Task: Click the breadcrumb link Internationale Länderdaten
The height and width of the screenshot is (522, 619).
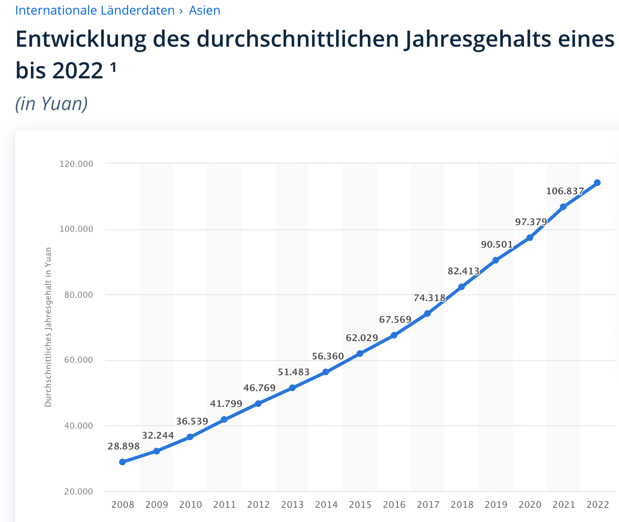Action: click(x=95, y=10)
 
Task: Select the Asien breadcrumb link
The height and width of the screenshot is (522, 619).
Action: click(x=205, y=10)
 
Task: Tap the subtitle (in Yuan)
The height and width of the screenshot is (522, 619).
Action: click(x=51, y=103)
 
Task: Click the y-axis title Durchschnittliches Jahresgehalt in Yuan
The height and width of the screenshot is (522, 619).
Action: click(x=48, y=327)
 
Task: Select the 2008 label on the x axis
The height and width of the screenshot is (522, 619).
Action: click(x=122, y=505)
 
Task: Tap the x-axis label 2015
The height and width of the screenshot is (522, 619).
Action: click(x=360, y=505)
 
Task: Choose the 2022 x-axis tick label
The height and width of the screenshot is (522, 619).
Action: click(x=598, y=505)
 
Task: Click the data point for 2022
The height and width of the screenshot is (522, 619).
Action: click(x=597, y=183)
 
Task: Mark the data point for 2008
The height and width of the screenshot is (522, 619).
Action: click(x=122, y=462)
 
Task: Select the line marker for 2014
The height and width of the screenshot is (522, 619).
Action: click(x=326, y=372)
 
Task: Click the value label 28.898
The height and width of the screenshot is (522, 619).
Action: click(x=124, y=447)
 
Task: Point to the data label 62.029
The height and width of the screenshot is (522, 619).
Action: click(x=362, y=338)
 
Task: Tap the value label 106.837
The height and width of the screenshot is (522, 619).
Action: click(x=565, y=191)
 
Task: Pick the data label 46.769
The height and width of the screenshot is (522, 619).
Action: click(x=260, y=388)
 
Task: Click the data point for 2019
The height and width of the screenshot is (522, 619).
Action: click(x=496, y=260)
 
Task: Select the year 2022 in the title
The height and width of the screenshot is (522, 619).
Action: click(x=77, y=70)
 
